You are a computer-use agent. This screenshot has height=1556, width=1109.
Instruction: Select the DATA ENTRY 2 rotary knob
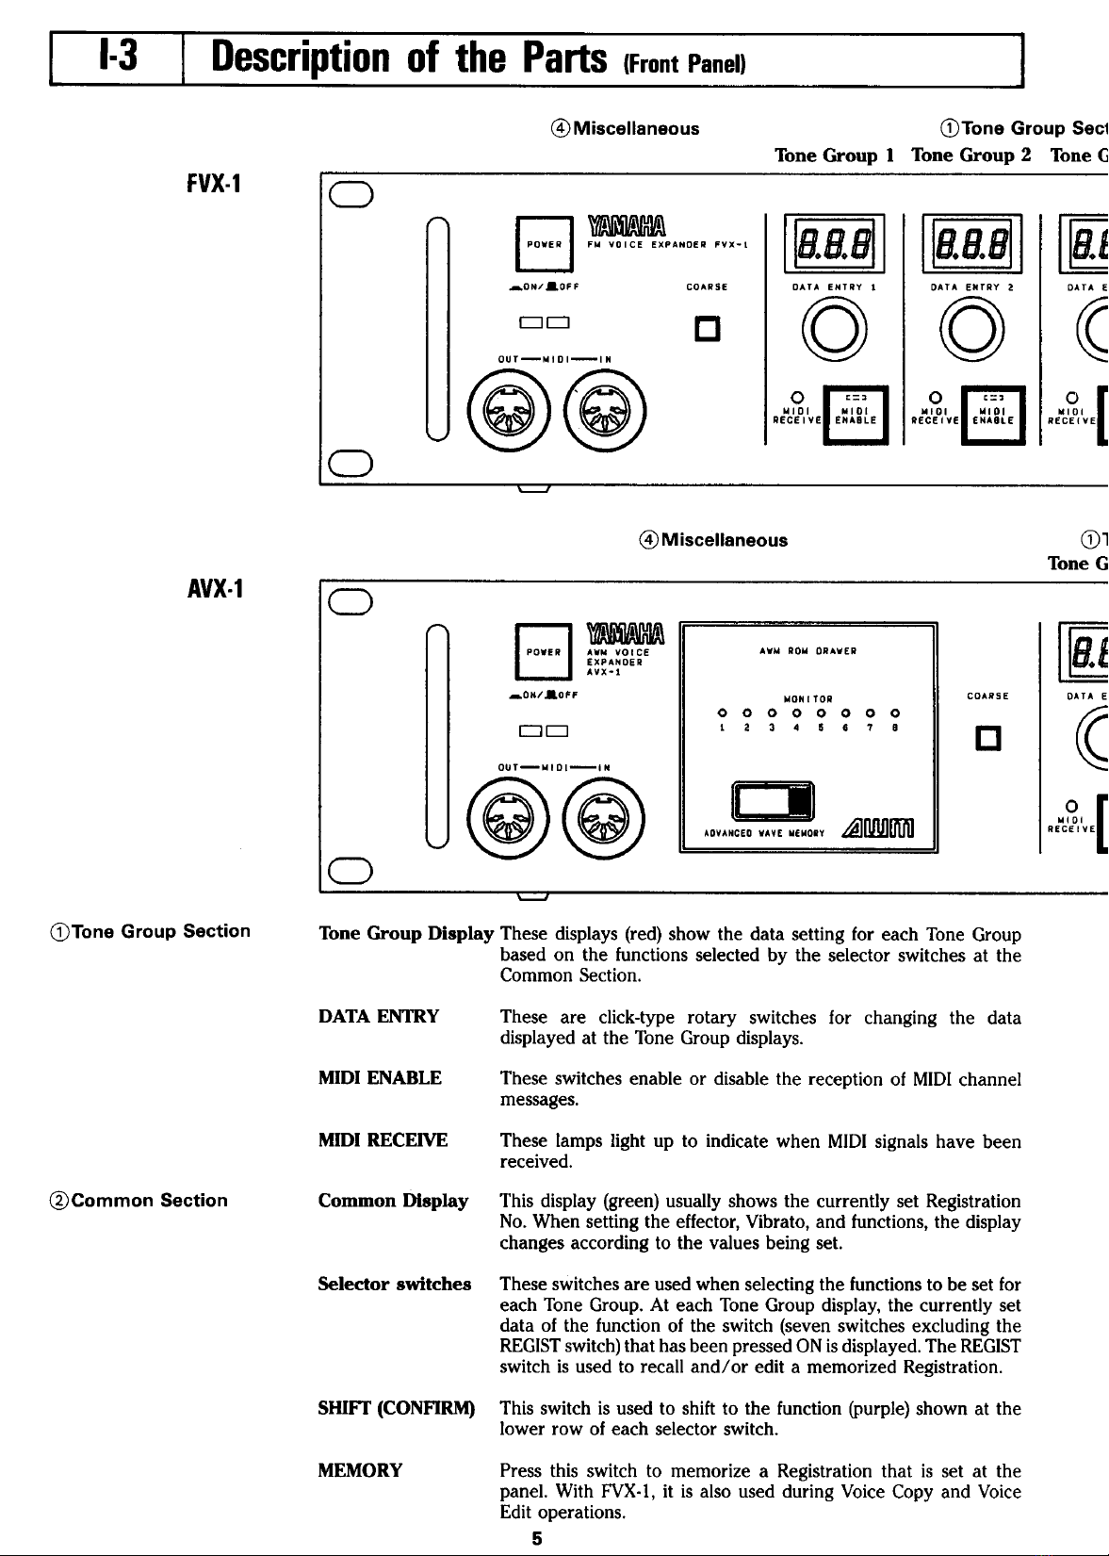click(x=956, y=334)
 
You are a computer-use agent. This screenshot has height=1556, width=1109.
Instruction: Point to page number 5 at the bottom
click(x=536, y=1539)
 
